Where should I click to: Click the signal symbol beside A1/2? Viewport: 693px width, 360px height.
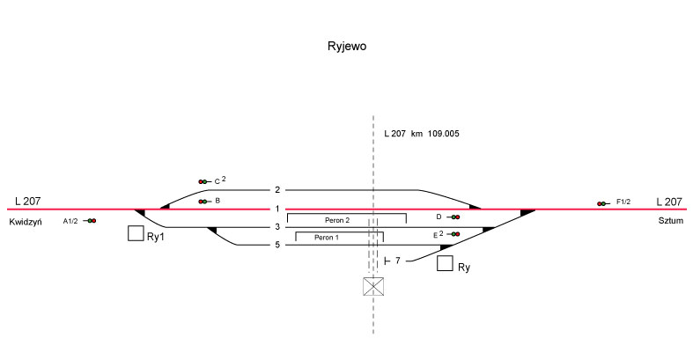coord(91,221)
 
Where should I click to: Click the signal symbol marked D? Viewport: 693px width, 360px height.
coord(453,217)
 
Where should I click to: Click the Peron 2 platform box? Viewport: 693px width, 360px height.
coord(346,219)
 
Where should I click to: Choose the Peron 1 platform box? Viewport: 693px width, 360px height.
coord(339,238)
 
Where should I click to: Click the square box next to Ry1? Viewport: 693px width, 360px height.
coord(136,233)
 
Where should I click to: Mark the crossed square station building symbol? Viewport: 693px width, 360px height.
coord(374,287)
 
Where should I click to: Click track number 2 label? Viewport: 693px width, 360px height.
coord(276,190)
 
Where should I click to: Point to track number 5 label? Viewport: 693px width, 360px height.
coord(276,245)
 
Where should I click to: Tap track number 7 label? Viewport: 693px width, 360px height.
coord(398,261)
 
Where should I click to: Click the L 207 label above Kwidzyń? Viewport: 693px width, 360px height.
coord(27,202)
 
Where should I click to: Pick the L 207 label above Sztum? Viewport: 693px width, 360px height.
coord(669,202)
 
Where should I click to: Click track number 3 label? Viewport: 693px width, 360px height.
coord(276,227)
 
